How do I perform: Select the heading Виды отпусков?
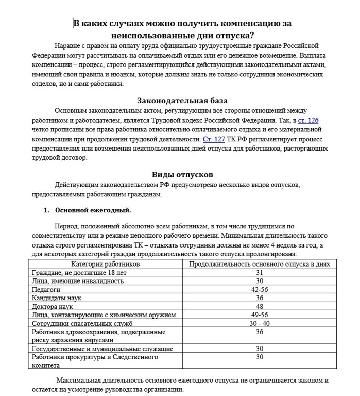coord(182,174)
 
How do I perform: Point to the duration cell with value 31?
coord(260,273)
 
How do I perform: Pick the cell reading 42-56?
coord(260,290)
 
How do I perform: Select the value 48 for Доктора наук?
coord(260,306)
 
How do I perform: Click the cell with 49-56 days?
coord(260,315)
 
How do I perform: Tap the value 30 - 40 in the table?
coord(260,323)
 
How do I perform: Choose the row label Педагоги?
coord(46,290)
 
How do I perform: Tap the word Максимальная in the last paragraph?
coord(81,380)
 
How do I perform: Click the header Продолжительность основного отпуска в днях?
coord(260,264)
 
